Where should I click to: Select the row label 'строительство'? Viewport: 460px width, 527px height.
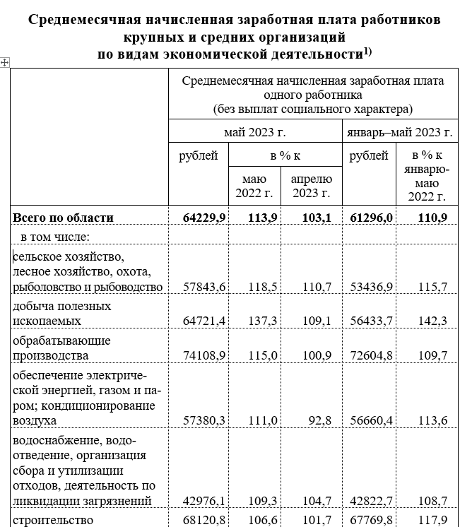(x=53, y=521)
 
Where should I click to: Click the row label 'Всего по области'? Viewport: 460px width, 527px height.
(x=63, y=218)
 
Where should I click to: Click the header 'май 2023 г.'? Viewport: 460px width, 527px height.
(x=254, y=132)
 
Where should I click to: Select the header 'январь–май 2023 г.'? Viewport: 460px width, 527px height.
(x=399, y=132)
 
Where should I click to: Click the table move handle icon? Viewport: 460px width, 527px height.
(x=5, y=63)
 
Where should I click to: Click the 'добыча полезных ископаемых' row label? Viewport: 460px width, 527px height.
(x=62, y=314)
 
